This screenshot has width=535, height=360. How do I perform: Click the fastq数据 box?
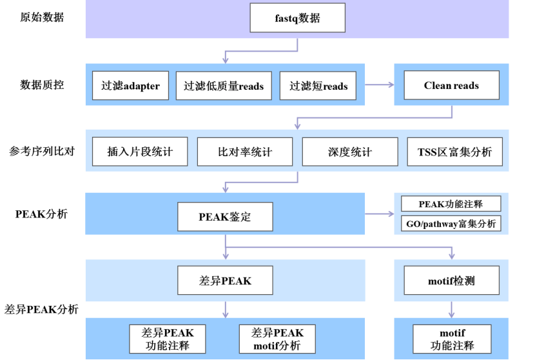coord(297,18)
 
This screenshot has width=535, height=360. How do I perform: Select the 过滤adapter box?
coord(131,86)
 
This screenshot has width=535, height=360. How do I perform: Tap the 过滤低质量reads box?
coord(224,86)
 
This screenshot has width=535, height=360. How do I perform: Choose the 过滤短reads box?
coord(318,86)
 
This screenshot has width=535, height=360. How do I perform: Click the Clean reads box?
coord(451,85)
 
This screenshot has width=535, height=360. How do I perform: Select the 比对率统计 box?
coord(244,152)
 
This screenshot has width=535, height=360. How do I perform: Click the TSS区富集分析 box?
coord(454,152)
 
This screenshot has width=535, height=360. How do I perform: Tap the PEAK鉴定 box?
coord(225,217)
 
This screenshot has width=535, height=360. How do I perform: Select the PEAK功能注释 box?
coord(451,204)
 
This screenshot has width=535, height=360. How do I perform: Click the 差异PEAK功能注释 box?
coord(168,338)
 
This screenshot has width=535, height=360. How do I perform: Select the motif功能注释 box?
coord(452,338)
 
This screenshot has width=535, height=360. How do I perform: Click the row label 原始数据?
coord(43,17)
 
